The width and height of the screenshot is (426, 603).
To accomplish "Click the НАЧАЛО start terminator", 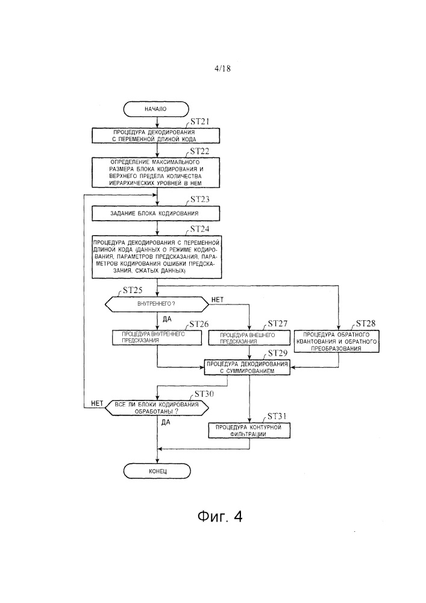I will click(x=156, y=109).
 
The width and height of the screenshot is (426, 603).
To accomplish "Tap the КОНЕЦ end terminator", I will click(x=156, y=470).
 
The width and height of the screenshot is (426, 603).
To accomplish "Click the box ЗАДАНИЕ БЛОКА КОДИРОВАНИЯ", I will click(x=156, y=213).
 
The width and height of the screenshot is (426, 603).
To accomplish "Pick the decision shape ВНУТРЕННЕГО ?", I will click(x=156, y=304).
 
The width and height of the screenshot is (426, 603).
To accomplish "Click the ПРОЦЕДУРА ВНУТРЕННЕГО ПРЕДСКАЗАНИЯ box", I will click(x=156, y=337).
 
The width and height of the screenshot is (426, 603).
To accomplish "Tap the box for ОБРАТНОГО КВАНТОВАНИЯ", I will click(x=340, y=340).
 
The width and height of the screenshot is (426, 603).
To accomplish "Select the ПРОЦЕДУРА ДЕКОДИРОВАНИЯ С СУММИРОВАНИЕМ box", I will click(x=249, y=368).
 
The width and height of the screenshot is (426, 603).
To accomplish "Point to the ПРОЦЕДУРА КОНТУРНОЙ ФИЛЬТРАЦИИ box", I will click(x=249, y=430).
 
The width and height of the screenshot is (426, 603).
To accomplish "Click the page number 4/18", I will click(x=213, y=69).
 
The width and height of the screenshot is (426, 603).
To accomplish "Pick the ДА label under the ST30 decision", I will click(x=166, y=423).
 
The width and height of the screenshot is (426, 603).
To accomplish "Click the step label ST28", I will click(x=366, y=323).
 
